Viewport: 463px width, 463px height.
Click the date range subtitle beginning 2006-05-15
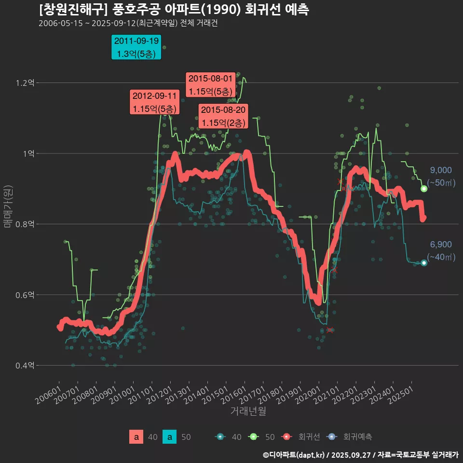click(x=128, y=23)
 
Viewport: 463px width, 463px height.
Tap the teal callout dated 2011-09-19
click(x=136, y=47)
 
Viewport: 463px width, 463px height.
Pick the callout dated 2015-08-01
click(x=210, y=84)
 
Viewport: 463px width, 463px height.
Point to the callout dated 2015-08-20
click(x=223, y=116)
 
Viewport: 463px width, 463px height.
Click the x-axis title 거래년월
click(x=248, y=411)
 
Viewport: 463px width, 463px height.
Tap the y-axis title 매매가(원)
click(x=8, y=206)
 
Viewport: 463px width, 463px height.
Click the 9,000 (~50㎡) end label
click(x=441, y=177)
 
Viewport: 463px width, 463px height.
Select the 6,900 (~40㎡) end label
click(x=441, y=251)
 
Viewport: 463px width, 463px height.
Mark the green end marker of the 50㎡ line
click(x=424, y=189)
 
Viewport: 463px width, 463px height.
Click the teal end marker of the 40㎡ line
click(x=424, y=263)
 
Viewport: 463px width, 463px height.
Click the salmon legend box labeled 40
click(x=136, y=437)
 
